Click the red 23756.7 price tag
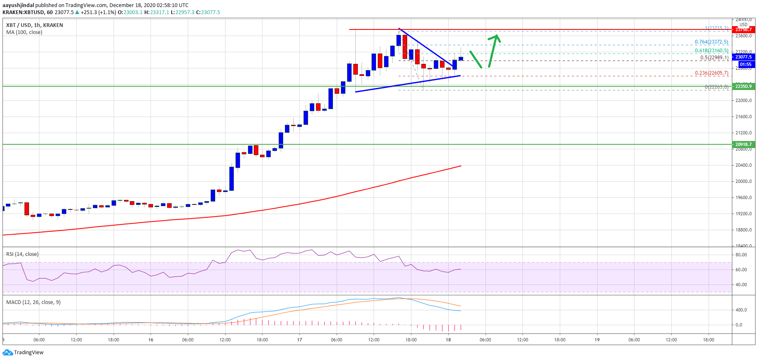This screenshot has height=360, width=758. tap(743, 29)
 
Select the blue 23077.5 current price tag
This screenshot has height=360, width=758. tap(743, 57)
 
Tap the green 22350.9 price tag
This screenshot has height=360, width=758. tap(743, 86)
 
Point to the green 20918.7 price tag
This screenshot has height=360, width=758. tap(743, 144)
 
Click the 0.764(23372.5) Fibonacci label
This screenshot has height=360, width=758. tap(711, 42)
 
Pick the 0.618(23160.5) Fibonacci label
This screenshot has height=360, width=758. tap(711, 51)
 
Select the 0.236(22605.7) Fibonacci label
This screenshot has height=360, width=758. tap(711, 73)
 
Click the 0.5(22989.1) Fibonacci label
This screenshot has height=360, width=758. tap(714, 58)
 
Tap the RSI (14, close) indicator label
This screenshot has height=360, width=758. tap(22, 254)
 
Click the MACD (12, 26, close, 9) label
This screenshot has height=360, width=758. tap(33, 302)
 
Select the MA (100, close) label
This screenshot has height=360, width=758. tap(24, 32)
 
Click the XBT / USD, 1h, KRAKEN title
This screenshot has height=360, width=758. tap(34, 25)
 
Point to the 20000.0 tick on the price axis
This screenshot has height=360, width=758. tap(743, 181)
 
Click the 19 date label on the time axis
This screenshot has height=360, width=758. tap(597, 340)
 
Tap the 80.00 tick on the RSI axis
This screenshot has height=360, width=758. tap(741, 255)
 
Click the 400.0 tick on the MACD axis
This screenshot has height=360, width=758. tap(741, 310)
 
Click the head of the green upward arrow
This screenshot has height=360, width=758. tap(496, 37)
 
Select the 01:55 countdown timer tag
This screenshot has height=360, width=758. tap(745, 64)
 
